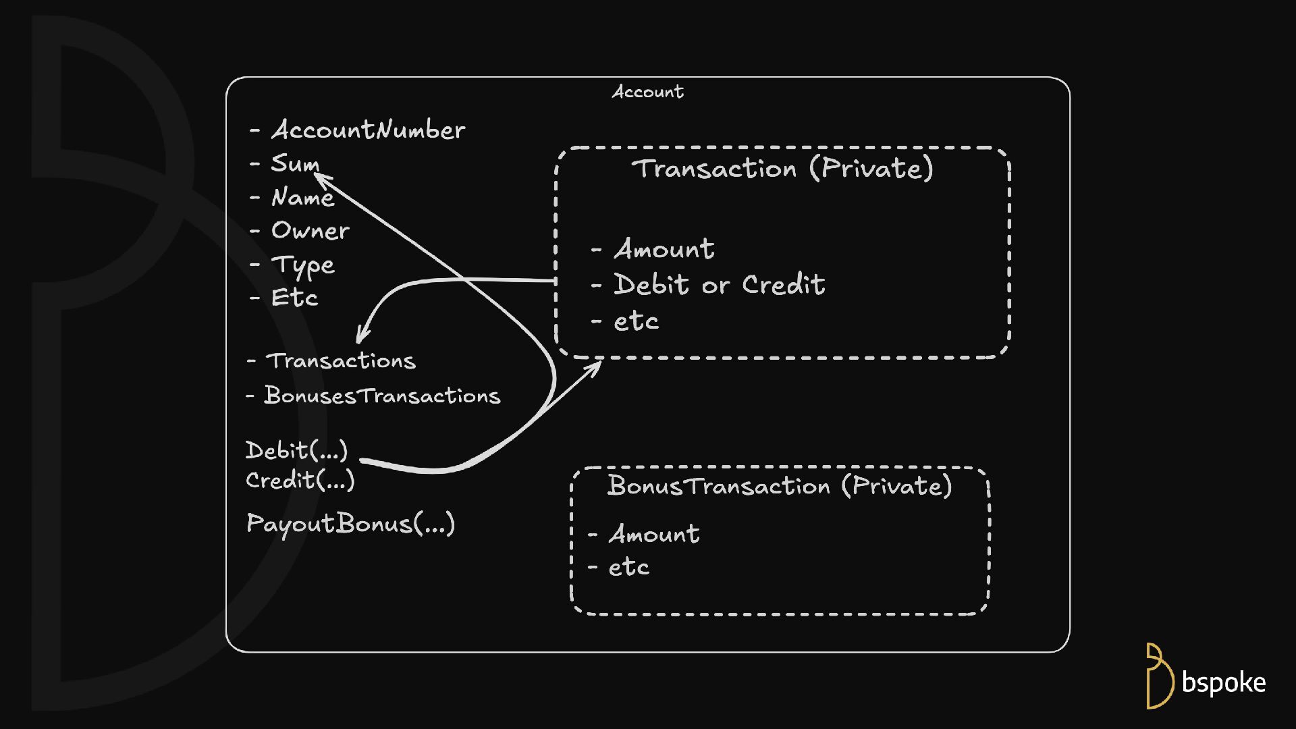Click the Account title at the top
pos(647,92)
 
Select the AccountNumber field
pos(368,130)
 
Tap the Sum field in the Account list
pos(295,163)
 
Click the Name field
pos(302,197)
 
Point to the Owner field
pos(310,231)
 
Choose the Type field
pos(302,265)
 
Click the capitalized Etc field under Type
pos(294,298)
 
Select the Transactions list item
pos(341,361)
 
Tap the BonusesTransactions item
pos(382,396)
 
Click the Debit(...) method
pos(296,450)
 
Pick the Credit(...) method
pos(300,481)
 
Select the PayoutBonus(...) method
pos(350,524)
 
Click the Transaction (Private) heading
pos(782,168)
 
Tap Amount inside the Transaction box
pos(664,249)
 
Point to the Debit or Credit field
pos(719,285)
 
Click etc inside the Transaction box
pos(636,321)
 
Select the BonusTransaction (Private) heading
pos(779,486)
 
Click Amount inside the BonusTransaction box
pos(654,534)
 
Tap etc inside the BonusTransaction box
pos(628,568)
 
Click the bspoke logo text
pos(1223,683)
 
